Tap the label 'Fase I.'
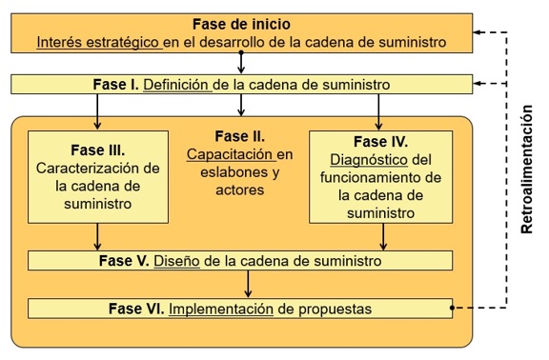click(117, 85)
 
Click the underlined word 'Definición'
click(176, 85)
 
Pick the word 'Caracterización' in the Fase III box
click(90, 169)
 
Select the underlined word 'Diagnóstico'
click(365, 158)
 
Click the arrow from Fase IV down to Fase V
click(379, 236)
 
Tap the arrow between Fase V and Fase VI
click(248, 284)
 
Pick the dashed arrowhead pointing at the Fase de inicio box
click(480, 32)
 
